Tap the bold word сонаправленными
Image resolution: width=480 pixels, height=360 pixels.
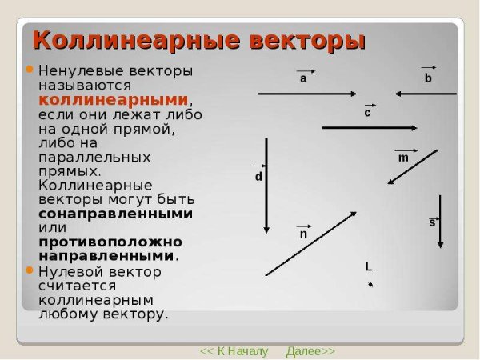[115, 214]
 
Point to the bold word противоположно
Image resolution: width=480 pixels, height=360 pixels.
[110, 242]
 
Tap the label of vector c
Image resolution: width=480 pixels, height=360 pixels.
[367, 113]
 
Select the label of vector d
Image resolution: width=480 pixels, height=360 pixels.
[258, 175]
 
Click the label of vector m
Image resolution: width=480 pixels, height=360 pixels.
[403, 158]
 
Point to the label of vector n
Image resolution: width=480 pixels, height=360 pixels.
[303, 234]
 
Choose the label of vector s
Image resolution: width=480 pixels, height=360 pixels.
[432, 222]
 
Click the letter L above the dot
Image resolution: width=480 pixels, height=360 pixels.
[368, 266]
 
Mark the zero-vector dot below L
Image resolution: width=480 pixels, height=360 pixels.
[370, 285]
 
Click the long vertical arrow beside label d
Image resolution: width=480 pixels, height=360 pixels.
[267, 184]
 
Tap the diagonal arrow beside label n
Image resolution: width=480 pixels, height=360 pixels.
[310, 243]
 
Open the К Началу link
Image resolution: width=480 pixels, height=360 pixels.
[234, 351]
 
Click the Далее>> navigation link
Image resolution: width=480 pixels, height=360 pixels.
[310, 351]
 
